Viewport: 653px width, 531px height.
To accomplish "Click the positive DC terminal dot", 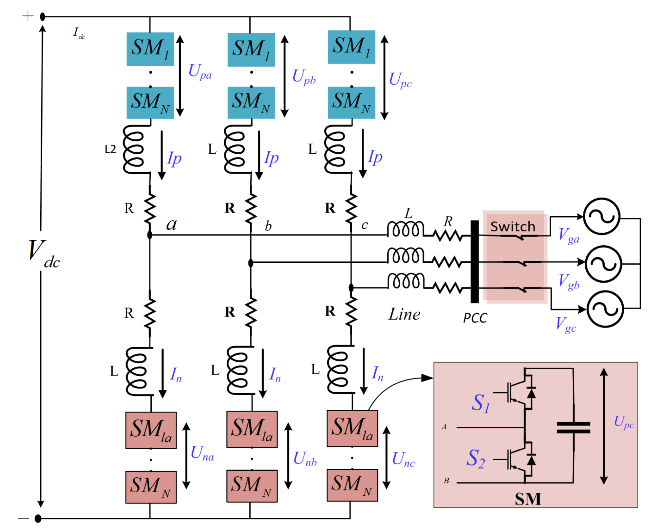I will (42, 17).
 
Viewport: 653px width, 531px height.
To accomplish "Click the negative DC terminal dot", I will (38, 518).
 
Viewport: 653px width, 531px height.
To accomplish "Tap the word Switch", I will (513, 227).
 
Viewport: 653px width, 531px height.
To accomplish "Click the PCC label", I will (475, 318).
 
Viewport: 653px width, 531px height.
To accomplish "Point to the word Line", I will (404, 314).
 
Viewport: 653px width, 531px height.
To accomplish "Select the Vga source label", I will (569, 236).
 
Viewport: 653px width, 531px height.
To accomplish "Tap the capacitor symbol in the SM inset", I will (574, 428).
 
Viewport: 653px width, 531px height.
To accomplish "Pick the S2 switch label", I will (476, 458).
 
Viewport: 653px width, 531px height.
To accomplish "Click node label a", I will (172, 225).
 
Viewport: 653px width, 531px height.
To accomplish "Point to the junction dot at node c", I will (351, 288).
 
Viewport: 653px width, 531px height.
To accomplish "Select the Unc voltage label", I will (403, 460).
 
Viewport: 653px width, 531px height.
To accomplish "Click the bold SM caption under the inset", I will (528, 499).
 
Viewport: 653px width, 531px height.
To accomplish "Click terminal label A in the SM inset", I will (444, 427).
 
